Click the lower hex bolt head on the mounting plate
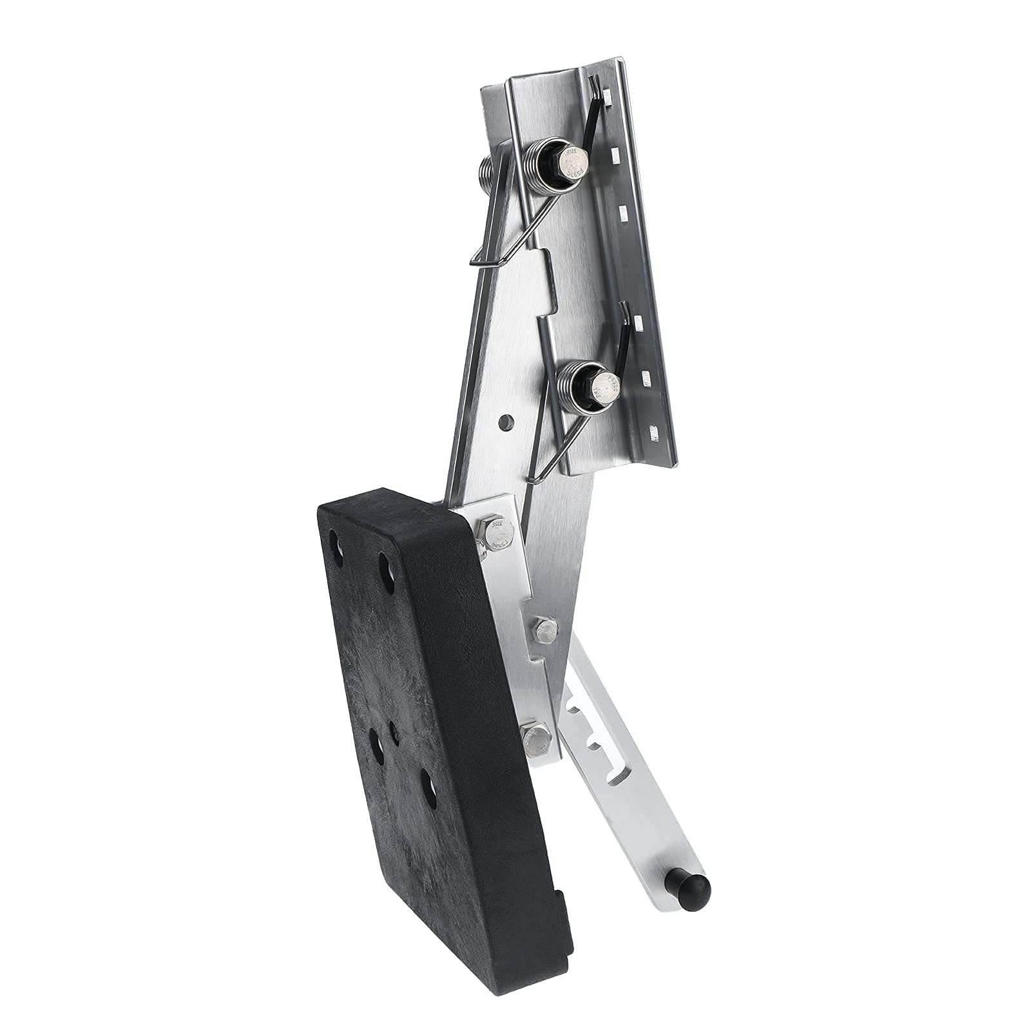(x=606, y=387)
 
